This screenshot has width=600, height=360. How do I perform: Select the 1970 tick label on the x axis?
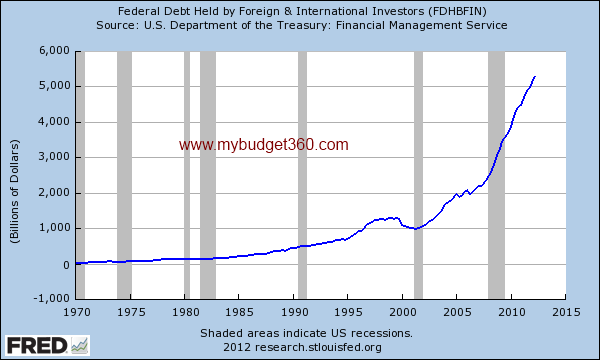click(x=76, y=312)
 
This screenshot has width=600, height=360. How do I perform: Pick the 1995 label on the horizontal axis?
click(x=347, y=312)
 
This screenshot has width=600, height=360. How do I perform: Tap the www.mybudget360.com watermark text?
click(x=264, y=145)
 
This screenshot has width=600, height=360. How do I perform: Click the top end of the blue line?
click(x=535, y=76)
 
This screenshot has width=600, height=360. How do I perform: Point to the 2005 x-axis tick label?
click(x=456, y=312)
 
